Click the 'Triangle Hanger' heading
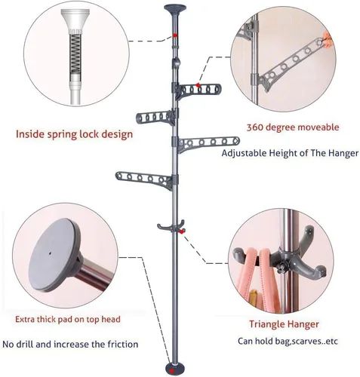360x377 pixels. pyautogui.click(x=284, y=324)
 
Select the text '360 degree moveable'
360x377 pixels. pyautogui.click(x=293, y=127)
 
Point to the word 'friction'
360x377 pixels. pyautogui.click(x=123, y=344)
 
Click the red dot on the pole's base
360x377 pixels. pyautogui.click(x=171, y=371)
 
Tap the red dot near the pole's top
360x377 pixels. pyautogui.click(x=174, y=35)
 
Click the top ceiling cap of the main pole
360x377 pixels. pyautogui.click(x=175, y=8)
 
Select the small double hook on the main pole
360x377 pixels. pyautogui.click(x=171, y=226)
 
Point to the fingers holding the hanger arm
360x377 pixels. pyautogui.click(x=327, y=39)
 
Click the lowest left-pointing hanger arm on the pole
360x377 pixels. pyautogui.click(x=144, y=179)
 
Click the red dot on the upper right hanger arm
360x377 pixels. pyautogui.click(x=198, y=85)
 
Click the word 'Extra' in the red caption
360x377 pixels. pyautogui.click(x=25, y=320)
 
